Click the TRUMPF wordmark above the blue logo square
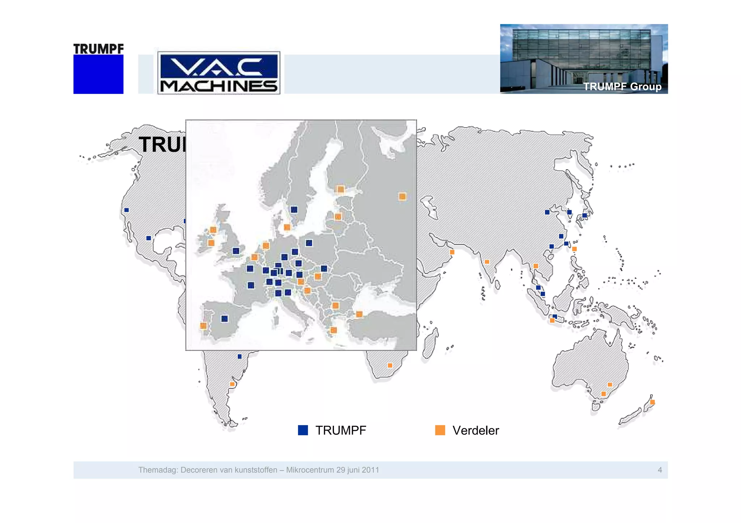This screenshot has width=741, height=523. pos(98,49)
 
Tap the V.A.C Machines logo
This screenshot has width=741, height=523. pos(219,73)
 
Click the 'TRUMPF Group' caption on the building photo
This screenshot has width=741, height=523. pos(622,87)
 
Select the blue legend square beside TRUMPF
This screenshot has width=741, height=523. pos(303,430)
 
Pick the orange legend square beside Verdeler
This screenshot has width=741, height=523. pos(440,430)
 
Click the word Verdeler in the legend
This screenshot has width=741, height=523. pos(475,430)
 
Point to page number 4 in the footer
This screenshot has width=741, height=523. pos(660,470)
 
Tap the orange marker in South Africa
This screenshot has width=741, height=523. pos(390,365)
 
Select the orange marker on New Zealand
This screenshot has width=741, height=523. pos(652,402)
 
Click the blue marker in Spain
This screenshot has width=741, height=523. pos(225,318)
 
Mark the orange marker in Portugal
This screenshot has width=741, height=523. pos(203,326)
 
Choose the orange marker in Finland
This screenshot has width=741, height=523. pos(340,189)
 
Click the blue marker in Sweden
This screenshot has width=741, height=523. pos(294,210)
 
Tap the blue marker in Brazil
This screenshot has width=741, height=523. pos(240,356)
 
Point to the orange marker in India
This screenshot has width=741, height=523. pos(487,262)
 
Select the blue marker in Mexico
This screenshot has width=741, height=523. pos(149,238)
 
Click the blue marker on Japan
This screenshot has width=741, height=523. pos(584,215)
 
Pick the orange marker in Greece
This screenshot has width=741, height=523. pos(334,330)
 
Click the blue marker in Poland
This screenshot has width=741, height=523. pos(309,243)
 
